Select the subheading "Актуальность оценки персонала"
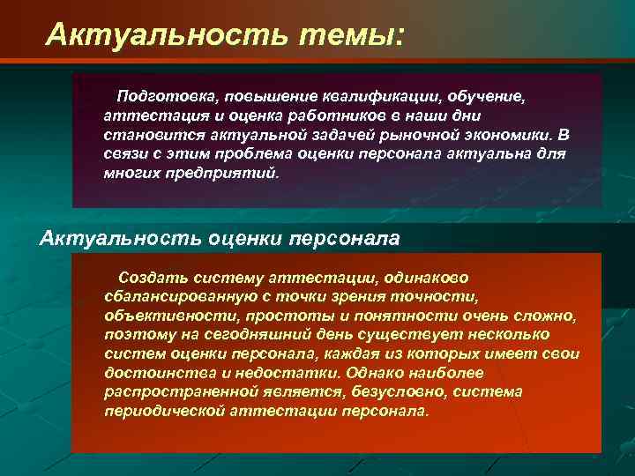coord(220,238)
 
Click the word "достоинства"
coord(152,373)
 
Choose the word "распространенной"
coord(170,392)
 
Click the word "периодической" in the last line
coord(160,412)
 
